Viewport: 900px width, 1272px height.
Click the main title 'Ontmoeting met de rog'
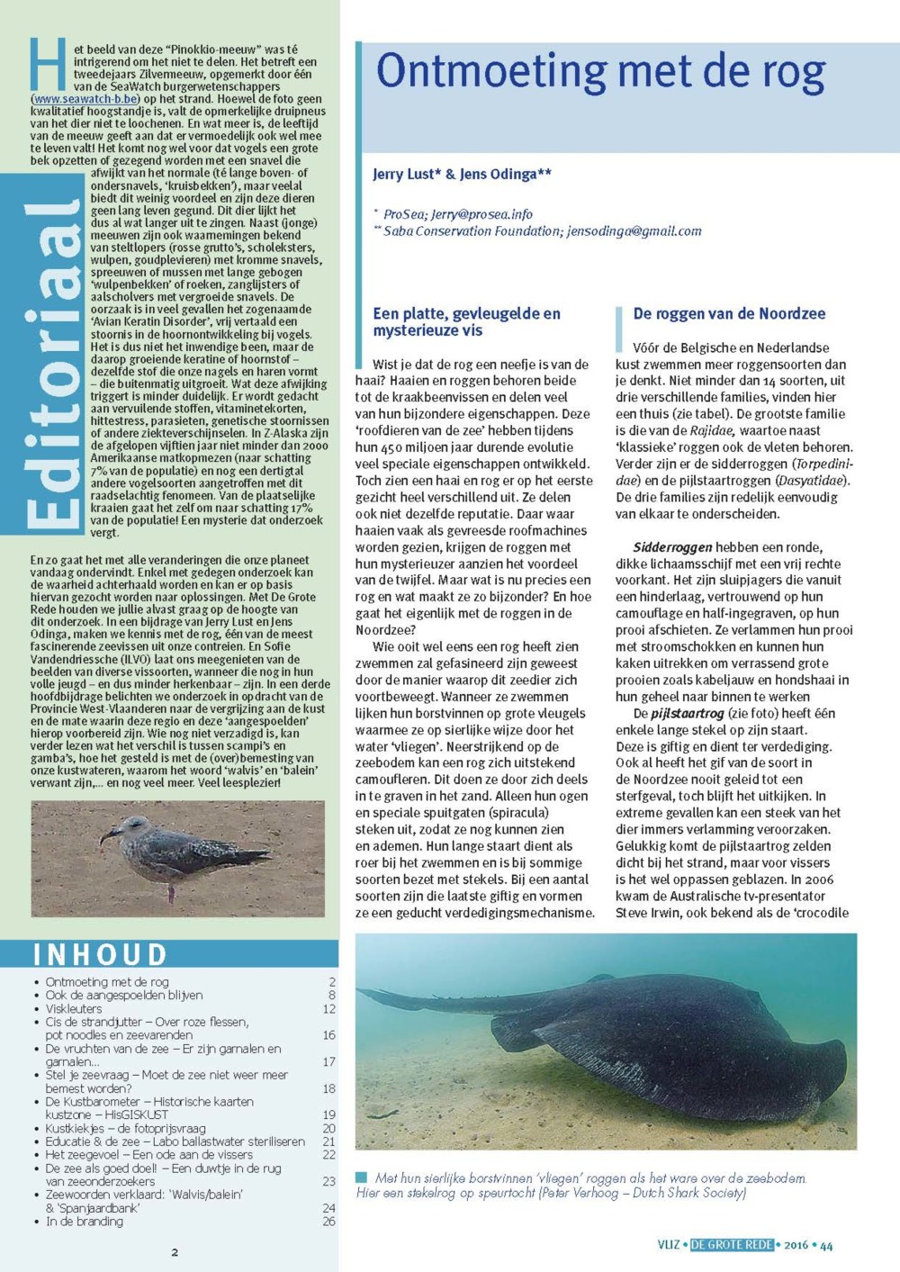(600, 73)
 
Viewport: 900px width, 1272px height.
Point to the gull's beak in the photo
(107, 837)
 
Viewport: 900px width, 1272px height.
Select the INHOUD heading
(101, 954)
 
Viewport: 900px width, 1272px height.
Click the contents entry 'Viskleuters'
(74, 1009)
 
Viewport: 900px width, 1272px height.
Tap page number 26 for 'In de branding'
(328, 1222)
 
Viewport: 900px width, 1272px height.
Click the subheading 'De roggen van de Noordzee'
(729, 314)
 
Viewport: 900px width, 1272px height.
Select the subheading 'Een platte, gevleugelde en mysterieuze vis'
(466, 322)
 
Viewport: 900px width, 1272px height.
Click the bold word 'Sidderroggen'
(672, 547)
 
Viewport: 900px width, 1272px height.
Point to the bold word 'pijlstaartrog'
(688, 714)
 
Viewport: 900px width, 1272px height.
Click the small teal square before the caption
(362, 1177)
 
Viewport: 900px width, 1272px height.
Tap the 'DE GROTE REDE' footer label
(732, 1245)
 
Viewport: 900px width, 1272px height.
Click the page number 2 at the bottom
(175, 1252)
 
